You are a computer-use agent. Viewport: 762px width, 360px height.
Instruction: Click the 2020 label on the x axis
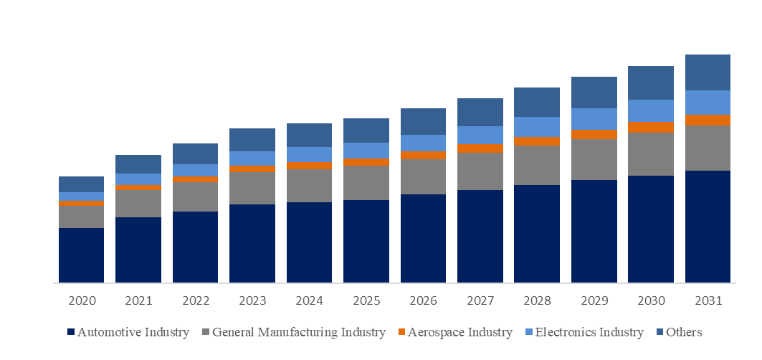(81, 300)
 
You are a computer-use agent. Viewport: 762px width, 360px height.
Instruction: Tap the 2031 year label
(708, 300)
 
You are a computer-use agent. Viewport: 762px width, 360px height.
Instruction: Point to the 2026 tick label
(423, 300)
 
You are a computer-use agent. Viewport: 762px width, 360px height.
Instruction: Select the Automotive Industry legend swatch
(70, 333)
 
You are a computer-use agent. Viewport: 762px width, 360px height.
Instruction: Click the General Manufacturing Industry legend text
(299, 333)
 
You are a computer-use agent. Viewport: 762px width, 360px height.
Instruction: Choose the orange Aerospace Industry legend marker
(401, 333)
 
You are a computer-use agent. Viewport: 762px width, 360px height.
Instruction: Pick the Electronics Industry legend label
(589, 333)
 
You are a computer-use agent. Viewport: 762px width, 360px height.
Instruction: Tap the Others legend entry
(684, 333)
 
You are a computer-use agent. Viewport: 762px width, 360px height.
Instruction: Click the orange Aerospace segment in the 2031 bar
(708, 120)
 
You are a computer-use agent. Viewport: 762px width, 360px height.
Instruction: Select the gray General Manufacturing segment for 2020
(81, 217)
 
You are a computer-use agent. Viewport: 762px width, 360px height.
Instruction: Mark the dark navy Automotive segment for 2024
(309, 242)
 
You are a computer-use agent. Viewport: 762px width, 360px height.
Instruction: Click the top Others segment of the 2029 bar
(594, 93)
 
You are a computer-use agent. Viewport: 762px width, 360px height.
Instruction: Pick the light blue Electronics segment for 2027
(480, 136)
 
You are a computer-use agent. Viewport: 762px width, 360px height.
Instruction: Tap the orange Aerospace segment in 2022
(195, 179)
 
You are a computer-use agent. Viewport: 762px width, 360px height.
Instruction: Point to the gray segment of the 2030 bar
(651, 154)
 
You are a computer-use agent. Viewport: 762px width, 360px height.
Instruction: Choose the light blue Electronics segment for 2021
(138, 179)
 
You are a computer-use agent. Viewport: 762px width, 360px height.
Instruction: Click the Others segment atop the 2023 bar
(252, 140)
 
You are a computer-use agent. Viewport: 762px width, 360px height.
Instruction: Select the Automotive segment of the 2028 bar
(537, 234)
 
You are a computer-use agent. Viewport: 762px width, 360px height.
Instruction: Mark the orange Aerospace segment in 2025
(366, 162)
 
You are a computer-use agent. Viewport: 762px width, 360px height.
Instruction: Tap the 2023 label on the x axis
(252, 300)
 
